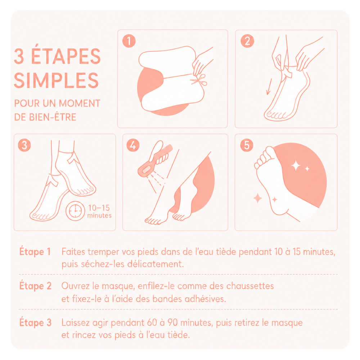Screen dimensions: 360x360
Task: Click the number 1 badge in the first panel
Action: pyautogui.click(x=129, y=41)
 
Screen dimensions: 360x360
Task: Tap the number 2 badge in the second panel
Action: pyautogui.click(x=247, y=41)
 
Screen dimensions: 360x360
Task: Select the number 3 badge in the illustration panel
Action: pyautogui.click(x=24, y=145)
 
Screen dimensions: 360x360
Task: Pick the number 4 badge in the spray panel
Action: pyautogui.click(x=133, y=145)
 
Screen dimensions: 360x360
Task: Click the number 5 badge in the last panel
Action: pyautogui.click(x=247, y=145)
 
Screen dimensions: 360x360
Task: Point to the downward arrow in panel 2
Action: pyautogui.click(x=269, y=86)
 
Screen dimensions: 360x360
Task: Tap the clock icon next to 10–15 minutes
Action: pyautogui.click(x=75, y=211)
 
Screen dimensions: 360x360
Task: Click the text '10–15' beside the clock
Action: pyautogui.click(x=99, y=208)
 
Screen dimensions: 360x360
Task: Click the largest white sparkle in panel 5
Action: pyautogui.click(x=296, y=165)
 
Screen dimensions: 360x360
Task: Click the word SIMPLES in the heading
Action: pyautogui.click(x=56, y=80)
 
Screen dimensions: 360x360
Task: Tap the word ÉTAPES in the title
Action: pyautogui.click(x=66, y=56)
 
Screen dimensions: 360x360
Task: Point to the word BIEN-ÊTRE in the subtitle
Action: pyautogui.click(x=53, y=117)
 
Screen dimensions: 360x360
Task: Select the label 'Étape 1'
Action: pyautogui.click(x=35, y=251)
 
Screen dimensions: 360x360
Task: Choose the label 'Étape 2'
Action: pyautogui.click(x=35, y=286)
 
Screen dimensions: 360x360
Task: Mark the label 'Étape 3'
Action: pyautogui.click(x=35, y=322)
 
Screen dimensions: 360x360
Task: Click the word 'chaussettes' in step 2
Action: pyautogui.click(x=250, y=286)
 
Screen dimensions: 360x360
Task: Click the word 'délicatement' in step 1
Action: pyautogui.click(x=156, y=264)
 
